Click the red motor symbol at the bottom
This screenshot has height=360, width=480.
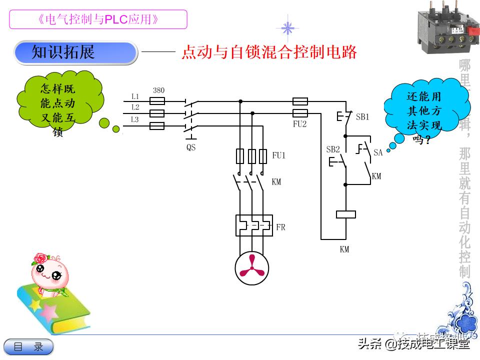(252, 267)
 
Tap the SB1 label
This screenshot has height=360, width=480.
(362, 117)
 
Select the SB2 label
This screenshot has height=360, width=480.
(333, 149)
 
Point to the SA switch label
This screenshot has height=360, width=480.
(378, 152)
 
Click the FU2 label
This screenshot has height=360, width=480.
(300, 124)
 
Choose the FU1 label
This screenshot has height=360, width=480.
(278, 156)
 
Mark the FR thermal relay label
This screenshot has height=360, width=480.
(280, 227)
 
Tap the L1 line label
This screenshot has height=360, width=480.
(135, 96)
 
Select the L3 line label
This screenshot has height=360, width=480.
(135, 119)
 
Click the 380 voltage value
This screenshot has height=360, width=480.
(158, 90)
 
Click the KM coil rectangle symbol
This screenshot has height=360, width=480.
(345, 214)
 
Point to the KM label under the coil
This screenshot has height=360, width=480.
(344, 249)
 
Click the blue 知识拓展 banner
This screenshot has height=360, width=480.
(75, 53)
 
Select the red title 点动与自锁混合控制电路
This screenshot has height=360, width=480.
(269, 52)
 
